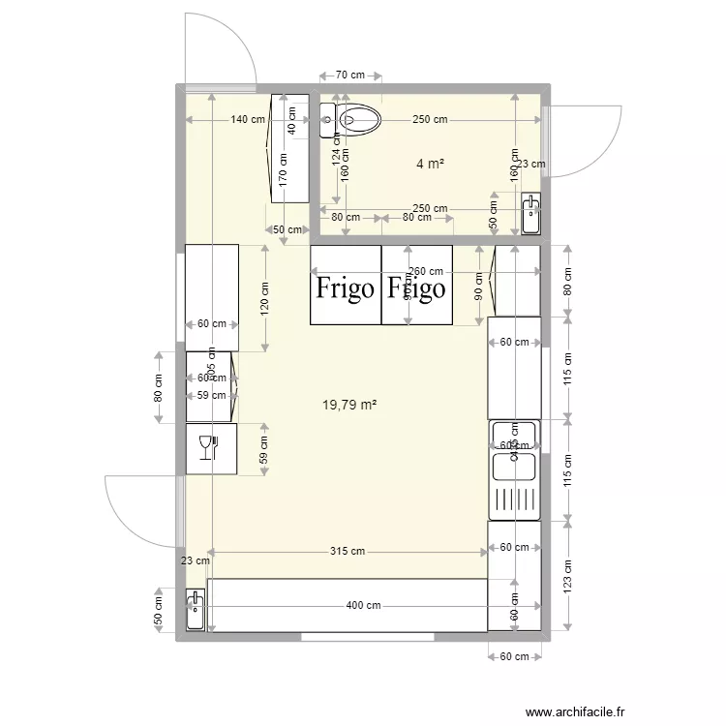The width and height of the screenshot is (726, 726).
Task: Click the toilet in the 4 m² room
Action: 359,119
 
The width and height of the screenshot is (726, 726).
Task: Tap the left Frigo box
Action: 346,286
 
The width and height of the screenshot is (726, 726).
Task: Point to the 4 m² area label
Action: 430,165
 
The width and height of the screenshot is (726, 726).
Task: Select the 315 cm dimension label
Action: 346,552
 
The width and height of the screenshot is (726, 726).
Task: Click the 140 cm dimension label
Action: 248,120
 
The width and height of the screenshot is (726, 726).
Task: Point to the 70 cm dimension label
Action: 349,75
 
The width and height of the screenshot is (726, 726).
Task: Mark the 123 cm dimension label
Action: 568,577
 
